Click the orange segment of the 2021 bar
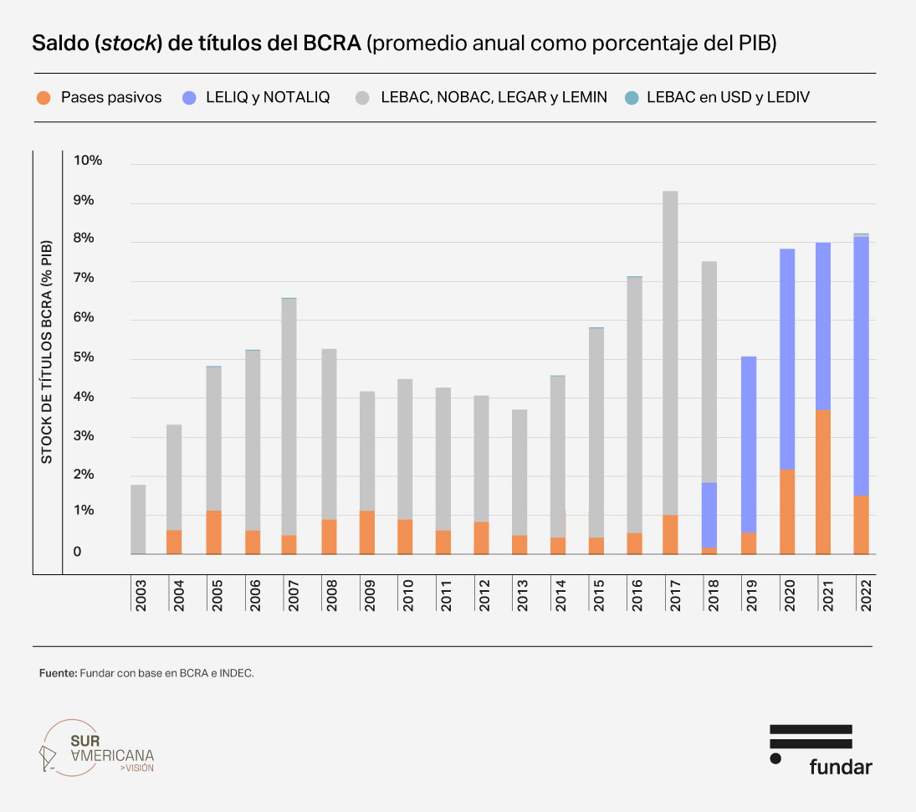(x=823, y=481)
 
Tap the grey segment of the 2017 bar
(x=670, y=352)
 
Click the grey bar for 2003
(x=138, y=519)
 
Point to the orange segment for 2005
(x=213, y=532)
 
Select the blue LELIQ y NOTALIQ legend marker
(x=189, y=98)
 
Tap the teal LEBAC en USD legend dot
(x=632, y=98)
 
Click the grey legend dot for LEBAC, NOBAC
(x=361, y=98)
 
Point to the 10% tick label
(x=88, y=161)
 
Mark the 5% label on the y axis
(x=91, y=358)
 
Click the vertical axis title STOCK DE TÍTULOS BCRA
(x=47, y=352)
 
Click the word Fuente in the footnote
(x=58, y=673)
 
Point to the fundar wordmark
(x=840, y=766)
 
